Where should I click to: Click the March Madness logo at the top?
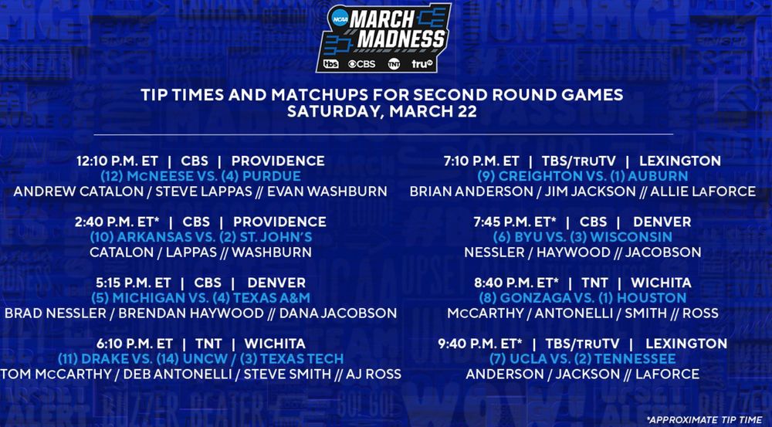[384, 38]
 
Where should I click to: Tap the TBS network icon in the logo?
[331, 63]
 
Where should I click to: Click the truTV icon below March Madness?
[422, 63]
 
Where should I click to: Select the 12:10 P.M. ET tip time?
[117, 161]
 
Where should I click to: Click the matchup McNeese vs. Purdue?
[201, 176]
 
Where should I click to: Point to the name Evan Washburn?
[327, 191]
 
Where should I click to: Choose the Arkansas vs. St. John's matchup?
[201, 237]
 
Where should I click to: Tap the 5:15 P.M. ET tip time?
[134, 283]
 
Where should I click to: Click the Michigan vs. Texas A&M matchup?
[201, 298]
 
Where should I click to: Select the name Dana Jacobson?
[338, 313]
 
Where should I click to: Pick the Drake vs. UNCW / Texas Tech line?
[201, 359]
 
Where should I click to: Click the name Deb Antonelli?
[178, 374]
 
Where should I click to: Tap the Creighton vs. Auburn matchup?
[582, 176]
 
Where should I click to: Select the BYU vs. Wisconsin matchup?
[582, 237]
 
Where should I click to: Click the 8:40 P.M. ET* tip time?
[516, 283]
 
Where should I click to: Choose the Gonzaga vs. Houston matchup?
[582, 298]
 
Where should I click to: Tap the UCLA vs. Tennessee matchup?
[582, 359]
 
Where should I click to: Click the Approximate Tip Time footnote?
[705, 420]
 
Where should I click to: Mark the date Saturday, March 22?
[382, 111]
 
